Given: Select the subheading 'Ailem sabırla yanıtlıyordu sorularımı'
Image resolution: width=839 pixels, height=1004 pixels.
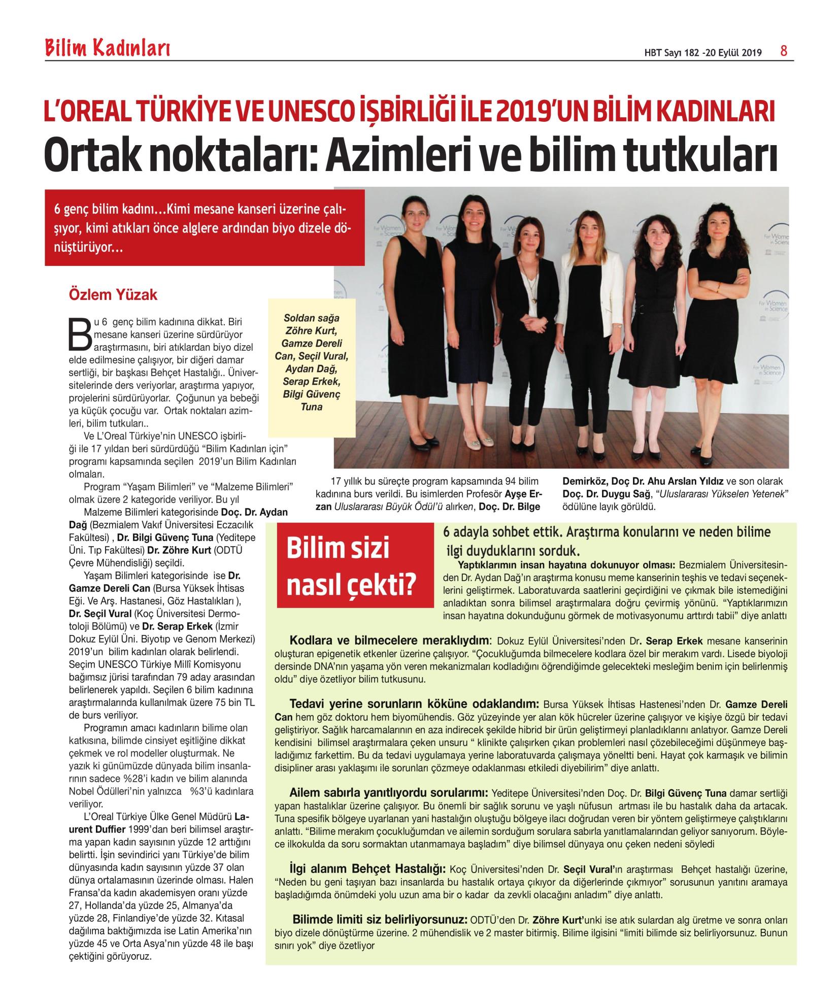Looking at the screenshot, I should [x=389, y=792].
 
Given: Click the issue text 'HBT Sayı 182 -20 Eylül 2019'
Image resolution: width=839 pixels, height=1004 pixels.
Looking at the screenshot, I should [x=703, y=53].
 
